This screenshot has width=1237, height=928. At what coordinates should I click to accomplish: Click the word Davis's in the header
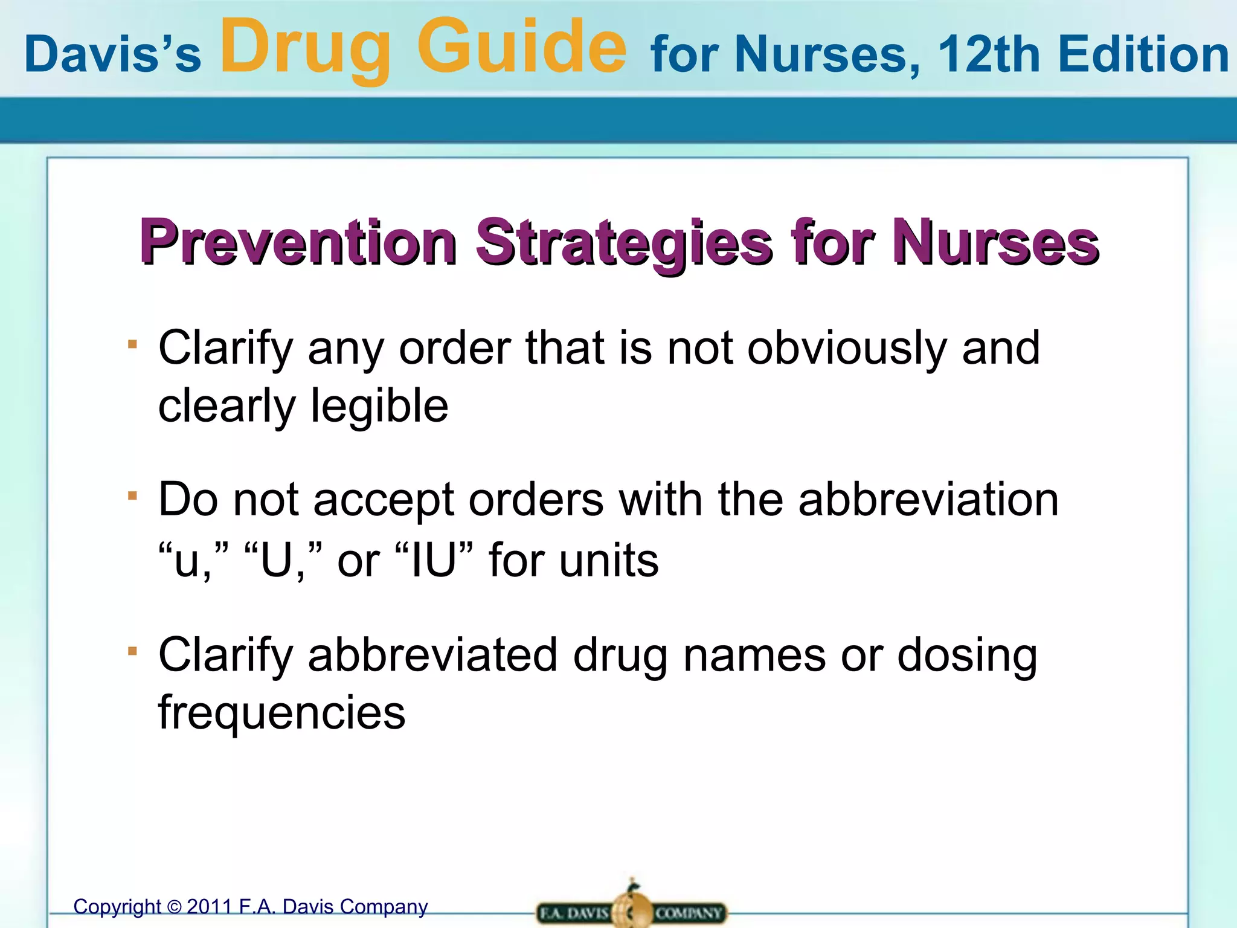tap(112, 54)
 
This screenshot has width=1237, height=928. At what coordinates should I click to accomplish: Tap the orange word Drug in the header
tap(306, 48)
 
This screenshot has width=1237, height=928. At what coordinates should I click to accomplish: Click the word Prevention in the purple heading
tap(298, 242)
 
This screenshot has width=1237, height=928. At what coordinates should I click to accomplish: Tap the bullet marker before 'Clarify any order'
tap(133, 345)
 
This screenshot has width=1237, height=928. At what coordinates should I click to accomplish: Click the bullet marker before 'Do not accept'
tap(133, 496)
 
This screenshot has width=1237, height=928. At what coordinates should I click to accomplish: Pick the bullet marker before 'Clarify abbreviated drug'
tap(133, 651)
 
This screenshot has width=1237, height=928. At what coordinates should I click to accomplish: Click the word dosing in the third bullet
tap(967, 656)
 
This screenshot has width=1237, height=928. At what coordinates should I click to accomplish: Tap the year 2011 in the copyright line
tap(210, 907)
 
